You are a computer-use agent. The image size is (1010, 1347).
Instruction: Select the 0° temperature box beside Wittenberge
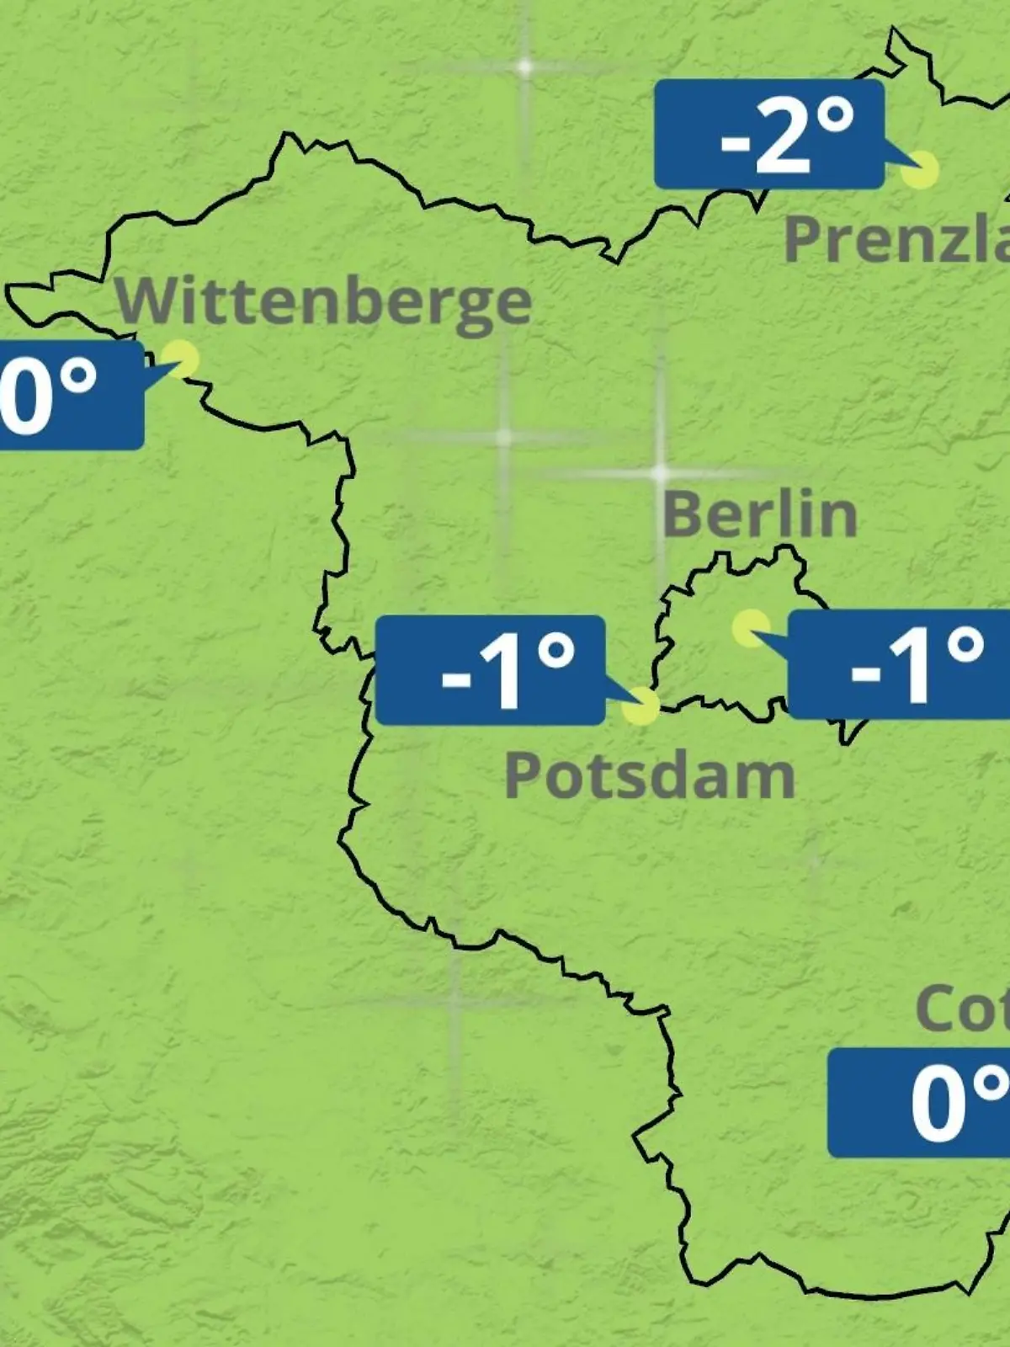67,395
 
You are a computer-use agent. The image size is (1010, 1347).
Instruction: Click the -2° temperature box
769,135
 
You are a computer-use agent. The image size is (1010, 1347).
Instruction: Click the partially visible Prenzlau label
896,239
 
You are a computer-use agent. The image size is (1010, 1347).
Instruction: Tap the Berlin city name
760,514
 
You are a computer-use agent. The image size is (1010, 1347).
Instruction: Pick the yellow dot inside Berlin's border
751,628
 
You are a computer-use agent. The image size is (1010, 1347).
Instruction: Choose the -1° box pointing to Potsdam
490,670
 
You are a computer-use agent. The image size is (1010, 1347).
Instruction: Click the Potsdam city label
649,776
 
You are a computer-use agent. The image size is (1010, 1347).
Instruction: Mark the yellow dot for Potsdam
641,706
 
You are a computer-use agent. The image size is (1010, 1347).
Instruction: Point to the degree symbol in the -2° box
836,117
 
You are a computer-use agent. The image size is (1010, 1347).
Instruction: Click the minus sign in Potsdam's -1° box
456,676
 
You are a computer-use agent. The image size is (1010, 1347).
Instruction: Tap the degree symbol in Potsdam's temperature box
556,651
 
